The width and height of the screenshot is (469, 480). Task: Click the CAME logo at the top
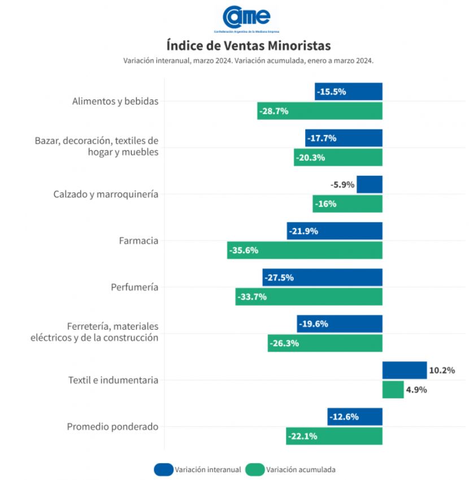click(x=247, y=18)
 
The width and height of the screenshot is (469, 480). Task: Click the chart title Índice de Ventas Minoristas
click(x=249, y=45)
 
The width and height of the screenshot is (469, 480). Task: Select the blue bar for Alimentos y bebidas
click(x=349, y=92)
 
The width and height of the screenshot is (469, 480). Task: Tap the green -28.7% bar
click(x=320, y=111)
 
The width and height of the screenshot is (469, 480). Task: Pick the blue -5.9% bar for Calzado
click(x=370, y=184)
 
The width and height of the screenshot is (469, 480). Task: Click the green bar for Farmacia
click(x=305, y=250)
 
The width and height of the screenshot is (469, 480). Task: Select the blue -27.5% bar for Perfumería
click(x=323, y=278)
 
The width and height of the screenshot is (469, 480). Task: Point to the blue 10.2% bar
click(x=405, y=370)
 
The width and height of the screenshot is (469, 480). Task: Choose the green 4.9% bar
click(x=393, y=390)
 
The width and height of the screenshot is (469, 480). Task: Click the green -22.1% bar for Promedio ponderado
click(x=334, y=436)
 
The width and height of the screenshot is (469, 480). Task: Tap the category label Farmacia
click(x=138, y=241)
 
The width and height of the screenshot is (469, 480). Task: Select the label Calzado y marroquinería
click(x=106, y=194)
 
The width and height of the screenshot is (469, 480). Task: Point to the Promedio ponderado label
click(x=112, y=427)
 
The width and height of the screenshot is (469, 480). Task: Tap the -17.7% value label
click(x=322, y=139)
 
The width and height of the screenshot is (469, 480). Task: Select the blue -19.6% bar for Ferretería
click(x=340, y=324)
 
